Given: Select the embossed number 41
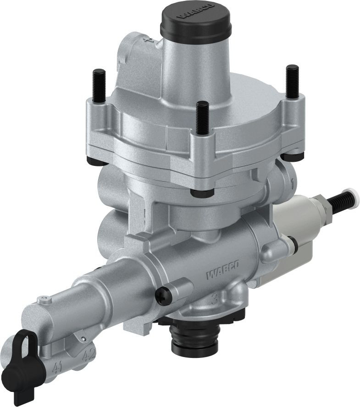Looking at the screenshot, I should coord(57,367).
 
